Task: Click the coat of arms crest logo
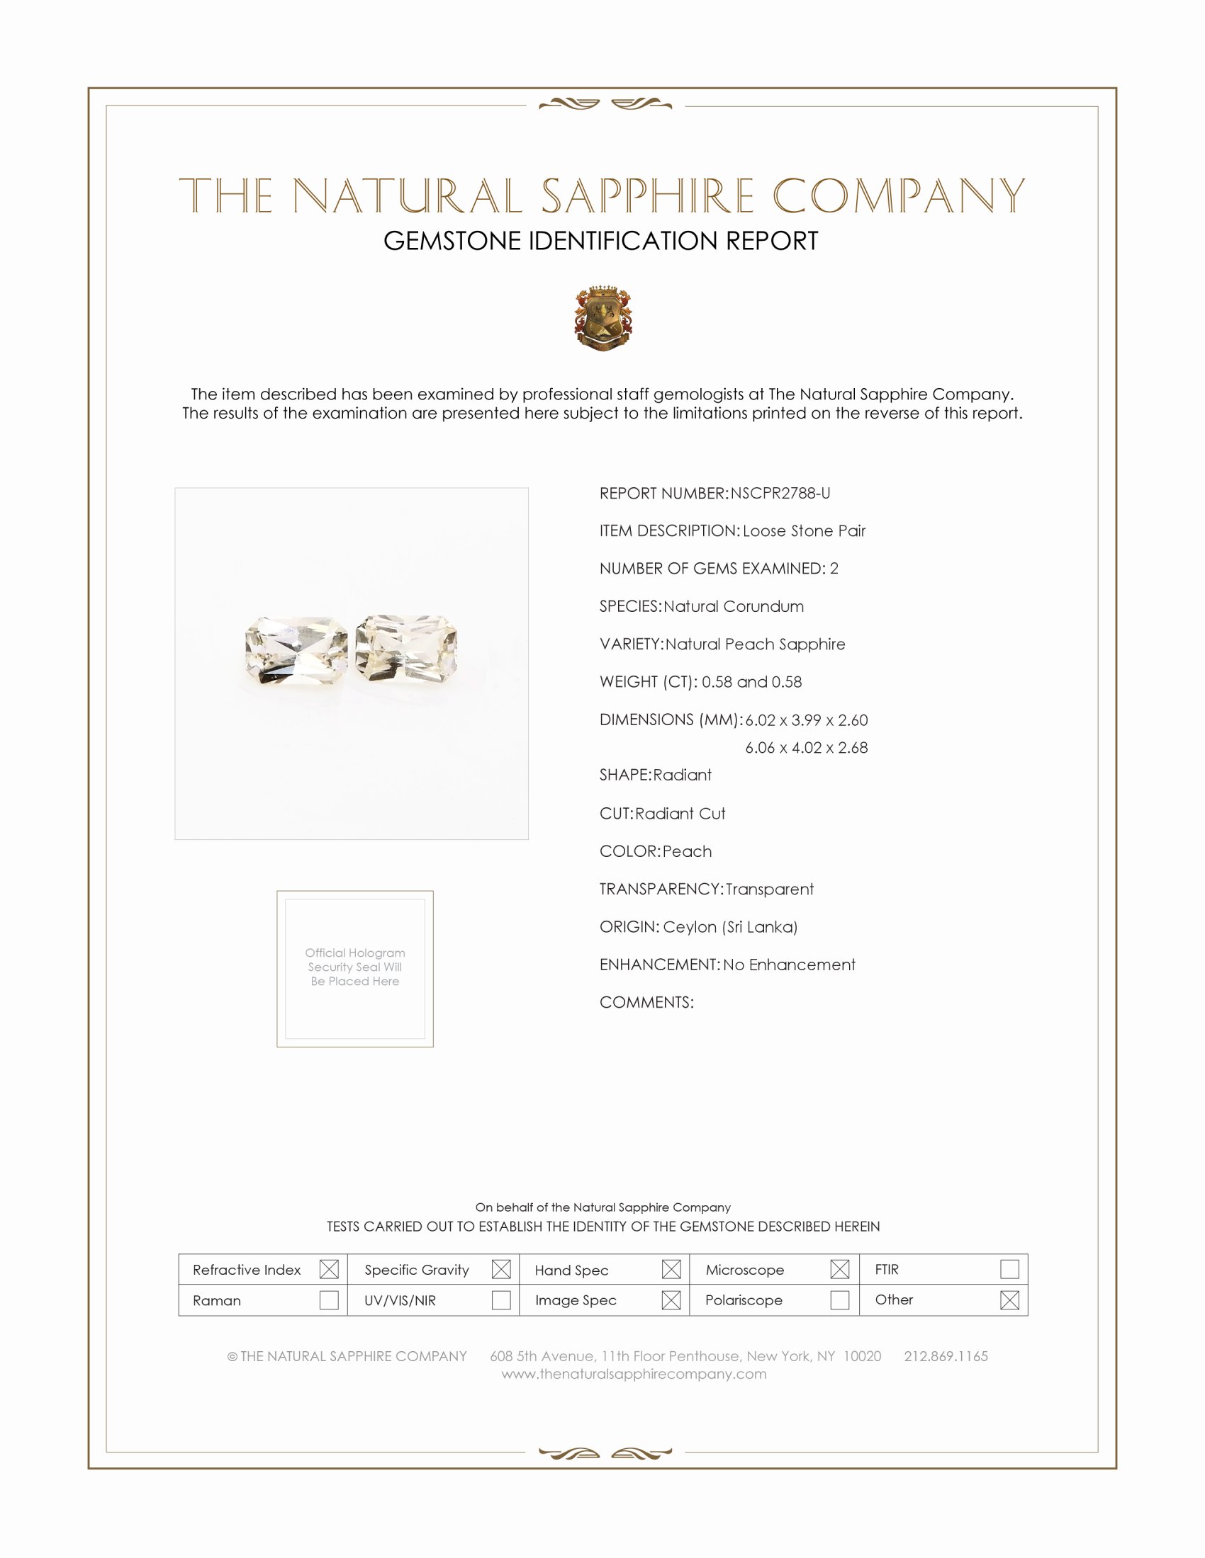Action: (x=603, y=318)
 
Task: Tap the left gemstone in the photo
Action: (x=296, y=652)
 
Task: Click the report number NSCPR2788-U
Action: (x=780, y=494)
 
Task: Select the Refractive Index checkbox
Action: (x=329, y=1269)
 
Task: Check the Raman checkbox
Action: (x=329, y=1300)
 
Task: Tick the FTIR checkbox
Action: (x=1009, y=1269)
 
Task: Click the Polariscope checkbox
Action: (x=839, y=1300)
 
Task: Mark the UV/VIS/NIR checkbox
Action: (x=501, y=1300)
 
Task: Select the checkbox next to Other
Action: (x=1009, y=1300)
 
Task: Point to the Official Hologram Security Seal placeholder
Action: (x=355, y=968)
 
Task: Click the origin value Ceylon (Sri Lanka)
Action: (x=730, y=927)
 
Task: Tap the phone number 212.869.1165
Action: (x=946, y=1356)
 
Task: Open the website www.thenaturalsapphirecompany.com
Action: (x=634, y=1374)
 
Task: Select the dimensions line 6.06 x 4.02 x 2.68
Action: (x=806, y=748)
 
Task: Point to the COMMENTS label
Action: (x=646, y=1002)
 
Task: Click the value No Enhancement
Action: (x=789, y=965)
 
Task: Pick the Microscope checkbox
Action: (x=839, y=1269)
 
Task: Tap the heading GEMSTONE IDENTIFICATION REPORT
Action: (x=600, y=241)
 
